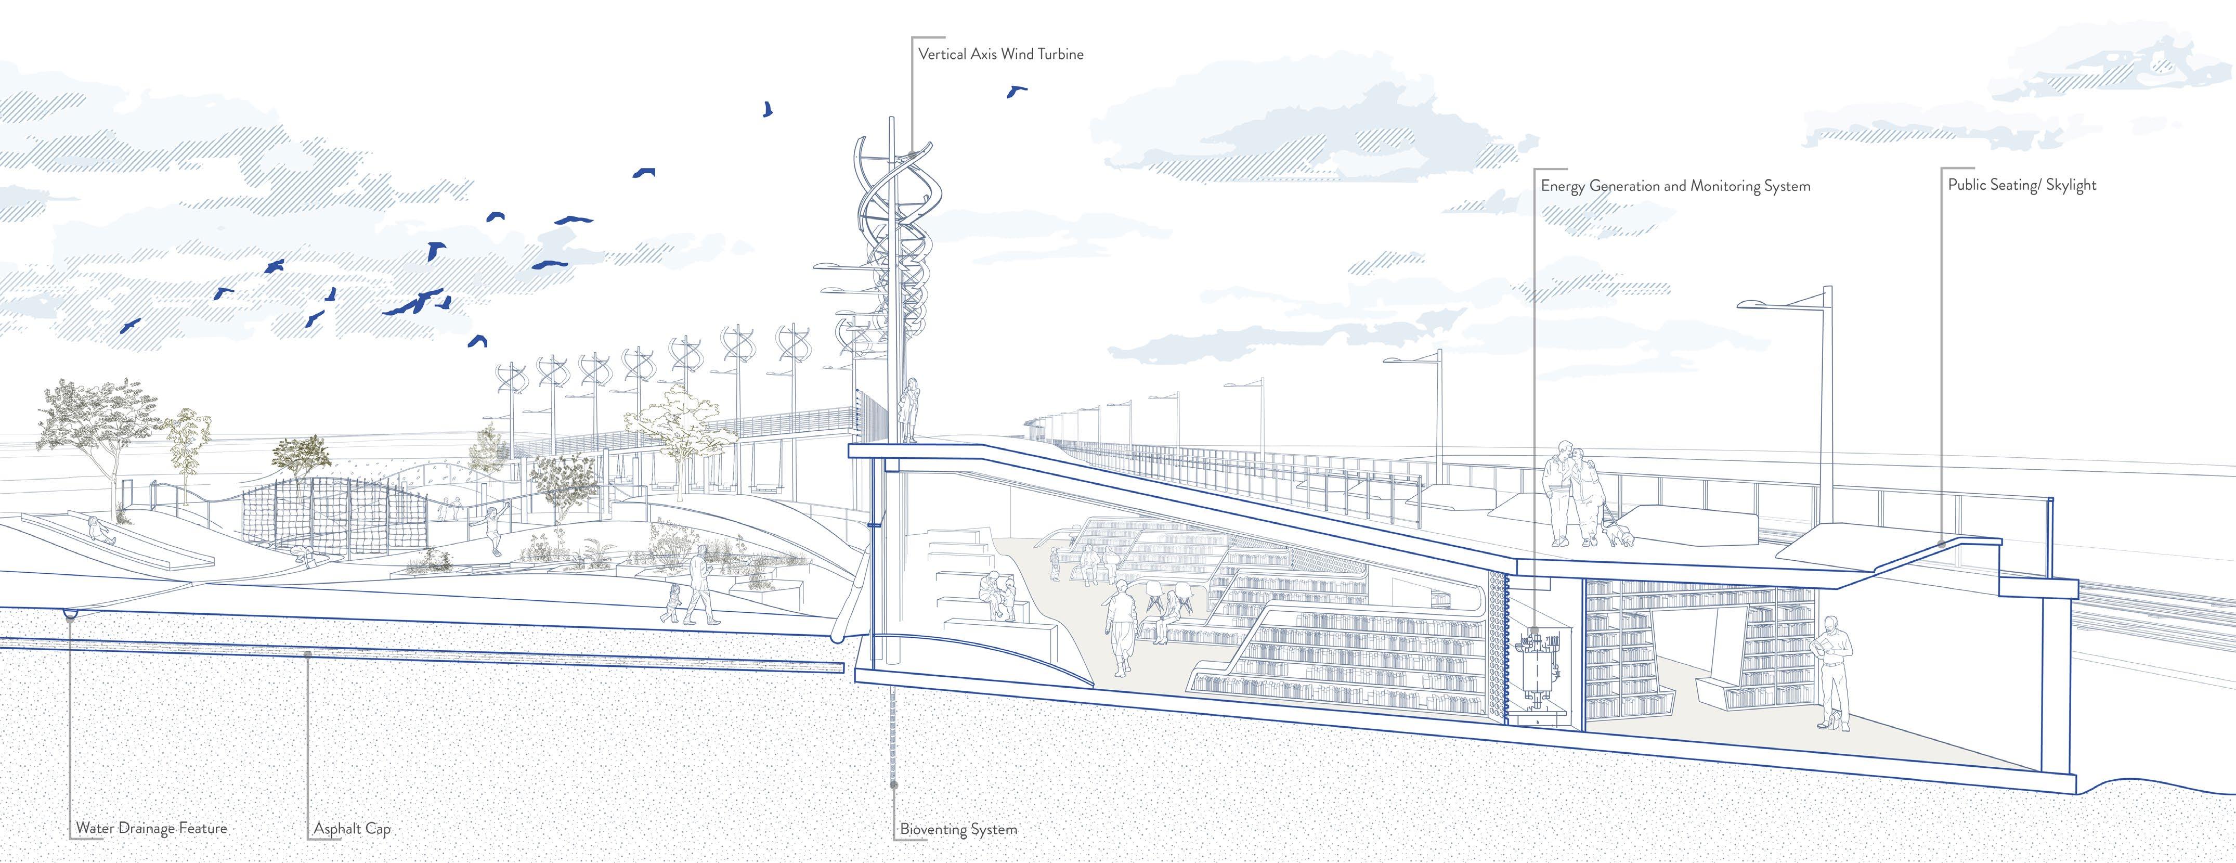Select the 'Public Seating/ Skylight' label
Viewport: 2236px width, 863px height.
click(2022, 185)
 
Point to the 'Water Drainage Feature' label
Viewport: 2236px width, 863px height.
click(151, 828)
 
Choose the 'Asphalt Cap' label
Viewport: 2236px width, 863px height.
click(352, 828)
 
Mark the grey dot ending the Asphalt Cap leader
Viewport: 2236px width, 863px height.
click(308, 654)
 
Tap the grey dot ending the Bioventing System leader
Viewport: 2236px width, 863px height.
click(894, 785)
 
